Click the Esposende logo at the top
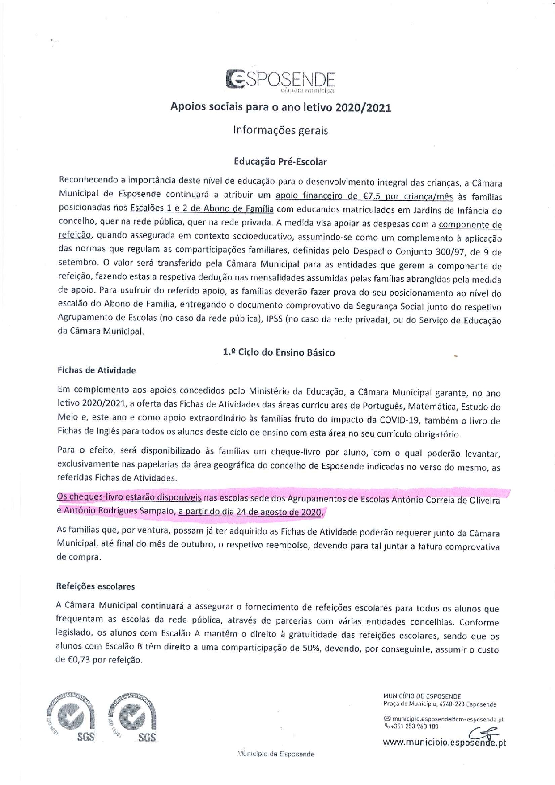click(x=280, y=81)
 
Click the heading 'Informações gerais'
click(x=280, y=130)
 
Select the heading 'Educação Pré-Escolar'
click(x=280, y=162)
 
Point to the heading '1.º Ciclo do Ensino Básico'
click(x=279, y=352)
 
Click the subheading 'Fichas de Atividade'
click(x=97, y=370)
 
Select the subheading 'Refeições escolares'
click(x=95, y=586)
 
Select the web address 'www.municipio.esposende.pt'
click(x=444, y=743)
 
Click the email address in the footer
click(x=447, y=720)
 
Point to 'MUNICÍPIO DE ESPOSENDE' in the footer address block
click(x=422, y=696)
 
